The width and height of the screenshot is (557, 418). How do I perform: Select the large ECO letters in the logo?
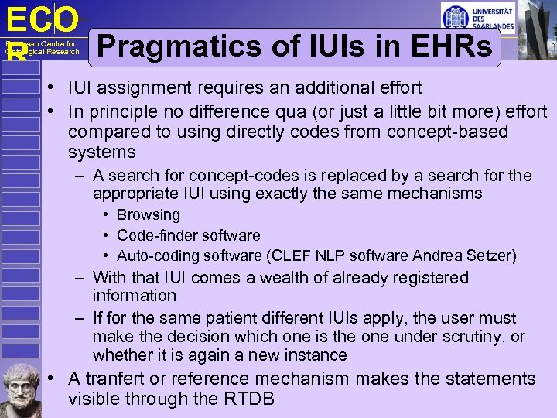click(43, 19)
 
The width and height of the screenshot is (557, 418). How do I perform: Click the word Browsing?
click(148, 215)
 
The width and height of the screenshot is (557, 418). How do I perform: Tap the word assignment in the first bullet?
click(142, 87)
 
